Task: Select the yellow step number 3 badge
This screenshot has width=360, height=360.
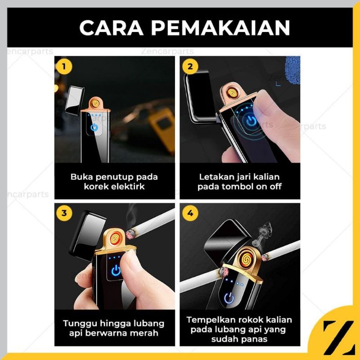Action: click(65, 212)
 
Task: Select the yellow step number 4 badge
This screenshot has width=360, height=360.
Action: click(190, 212)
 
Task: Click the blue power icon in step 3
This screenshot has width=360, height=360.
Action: click(116, 271)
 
